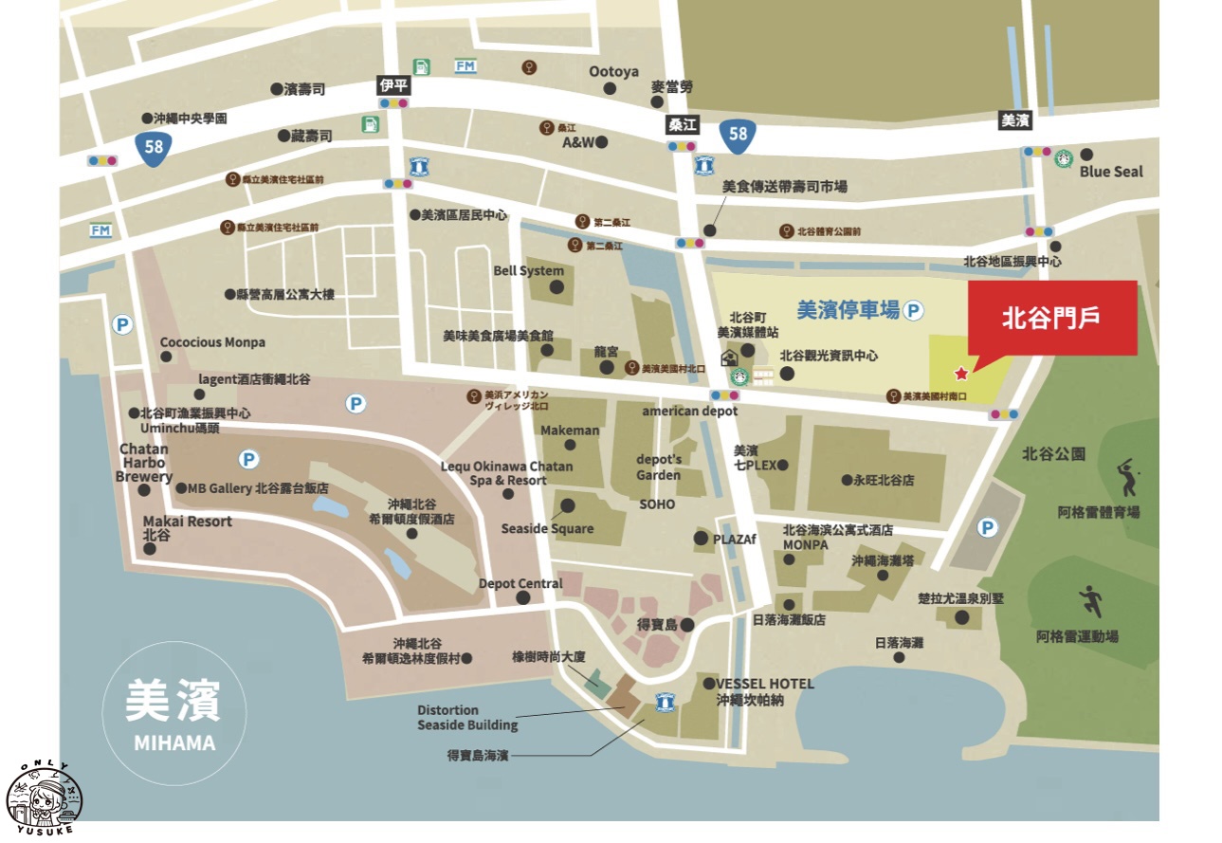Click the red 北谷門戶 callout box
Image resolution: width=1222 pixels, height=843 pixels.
[x=1052, y=319]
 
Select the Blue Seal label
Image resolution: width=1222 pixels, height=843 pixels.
[x=1111, y=172]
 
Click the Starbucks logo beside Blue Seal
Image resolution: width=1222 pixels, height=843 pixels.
[x=1063, y=157]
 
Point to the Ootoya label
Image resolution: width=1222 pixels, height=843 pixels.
[x=613, y=72]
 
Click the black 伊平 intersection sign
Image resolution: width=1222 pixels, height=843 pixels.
[x=392, y=85]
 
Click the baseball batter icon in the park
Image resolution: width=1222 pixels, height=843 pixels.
[x=1126, y=478]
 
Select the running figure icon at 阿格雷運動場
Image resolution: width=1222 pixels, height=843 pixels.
[x=1090, y=601]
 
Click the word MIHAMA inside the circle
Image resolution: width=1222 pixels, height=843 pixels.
[x=174, y=742]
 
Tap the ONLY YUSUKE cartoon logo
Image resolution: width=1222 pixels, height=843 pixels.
[x=45, y=796]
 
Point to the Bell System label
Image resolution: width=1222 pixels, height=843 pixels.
[x=528, y=270]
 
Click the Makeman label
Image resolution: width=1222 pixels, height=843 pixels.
[x=570, y=431]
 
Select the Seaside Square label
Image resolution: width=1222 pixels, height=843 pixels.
[x=547, y=528]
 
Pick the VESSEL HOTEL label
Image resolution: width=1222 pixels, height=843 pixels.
[x=764, y=683]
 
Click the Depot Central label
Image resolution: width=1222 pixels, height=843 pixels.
[x=520, y=583]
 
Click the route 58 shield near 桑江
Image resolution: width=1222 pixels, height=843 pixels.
[x=738, y=134]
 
